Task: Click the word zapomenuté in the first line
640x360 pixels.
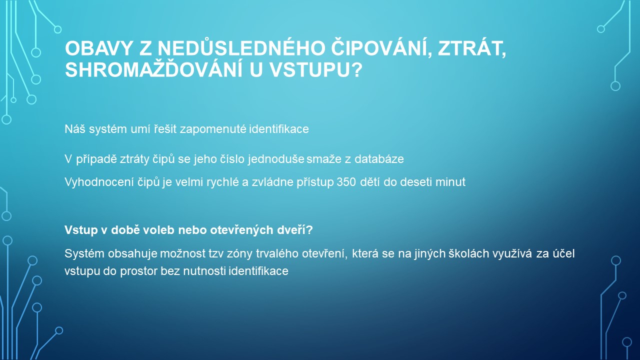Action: coord(213,129)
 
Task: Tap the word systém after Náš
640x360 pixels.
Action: coord(108,129)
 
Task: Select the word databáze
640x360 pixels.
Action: coord(379,159)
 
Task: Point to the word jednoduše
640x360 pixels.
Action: coord(276,159)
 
